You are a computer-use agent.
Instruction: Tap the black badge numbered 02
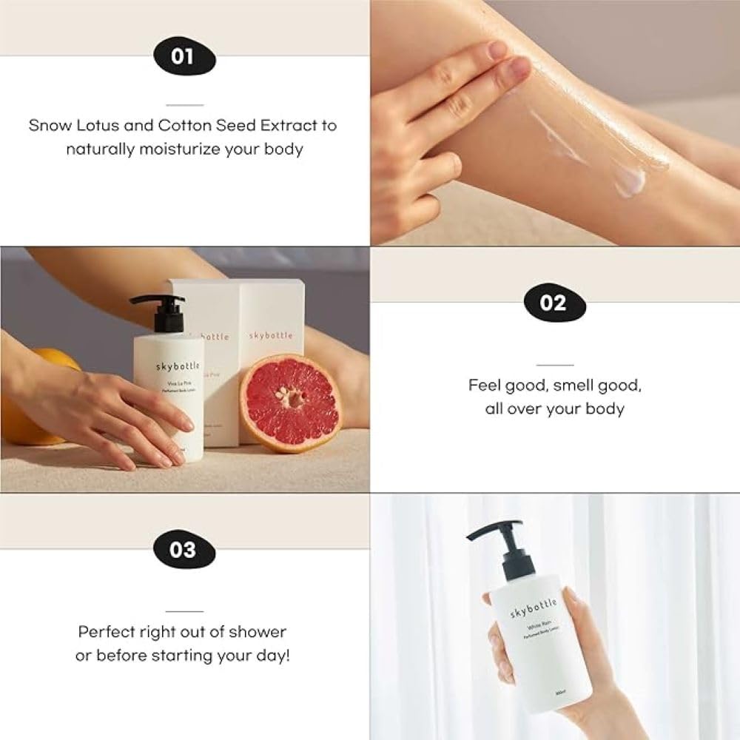click(554, 303)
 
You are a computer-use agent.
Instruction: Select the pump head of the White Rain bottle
click(494, 531)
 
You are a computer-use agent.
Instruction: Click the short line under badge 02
click(554, 365)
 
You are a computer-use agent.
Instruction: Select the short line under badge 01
click(184, 104)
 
